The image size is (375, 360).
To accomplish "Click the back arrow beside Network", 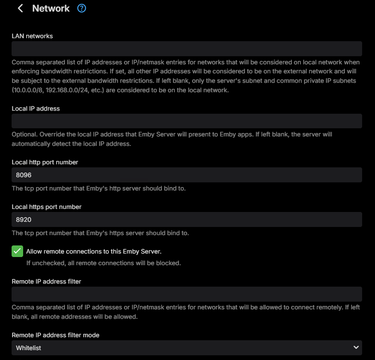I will [20, 8].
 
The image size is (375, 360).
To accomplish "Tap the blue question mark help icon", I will [81, 8].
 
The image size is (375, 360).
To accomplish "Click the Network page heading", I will [51, 8].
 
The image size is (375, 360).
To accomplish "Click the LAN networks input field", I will [186, 48].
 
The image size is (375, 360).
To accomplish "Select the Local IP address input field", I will [186, 121].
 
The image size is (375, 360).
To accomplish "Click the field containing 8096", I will [186, 175].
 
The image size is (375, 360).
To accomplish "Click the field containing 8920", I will [186, 219].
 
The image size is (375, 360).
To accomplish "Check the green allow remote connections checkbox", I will [18, 251].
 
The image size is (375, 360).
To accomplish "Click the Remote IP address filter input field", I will [186, 294].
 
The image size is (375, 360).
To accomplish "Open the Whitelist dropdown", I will [186, 348].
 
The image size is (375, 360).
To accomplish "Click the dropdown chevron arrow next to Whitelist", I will [355, 347].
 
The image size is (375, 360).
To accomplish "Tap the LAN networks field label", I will [32, 36].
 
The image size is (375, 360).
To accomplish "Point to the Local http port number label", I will [45, 162].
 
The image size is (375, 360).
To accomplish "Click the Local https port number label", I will [46, 207].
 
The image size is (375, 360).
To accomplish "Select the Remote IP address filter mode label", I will [55, 335].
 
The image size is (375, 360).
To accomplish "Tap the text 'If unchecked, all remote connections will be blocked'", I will [103, 263].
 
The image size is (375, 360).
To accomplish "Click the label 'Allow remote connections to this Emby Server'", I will [93, 251].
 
